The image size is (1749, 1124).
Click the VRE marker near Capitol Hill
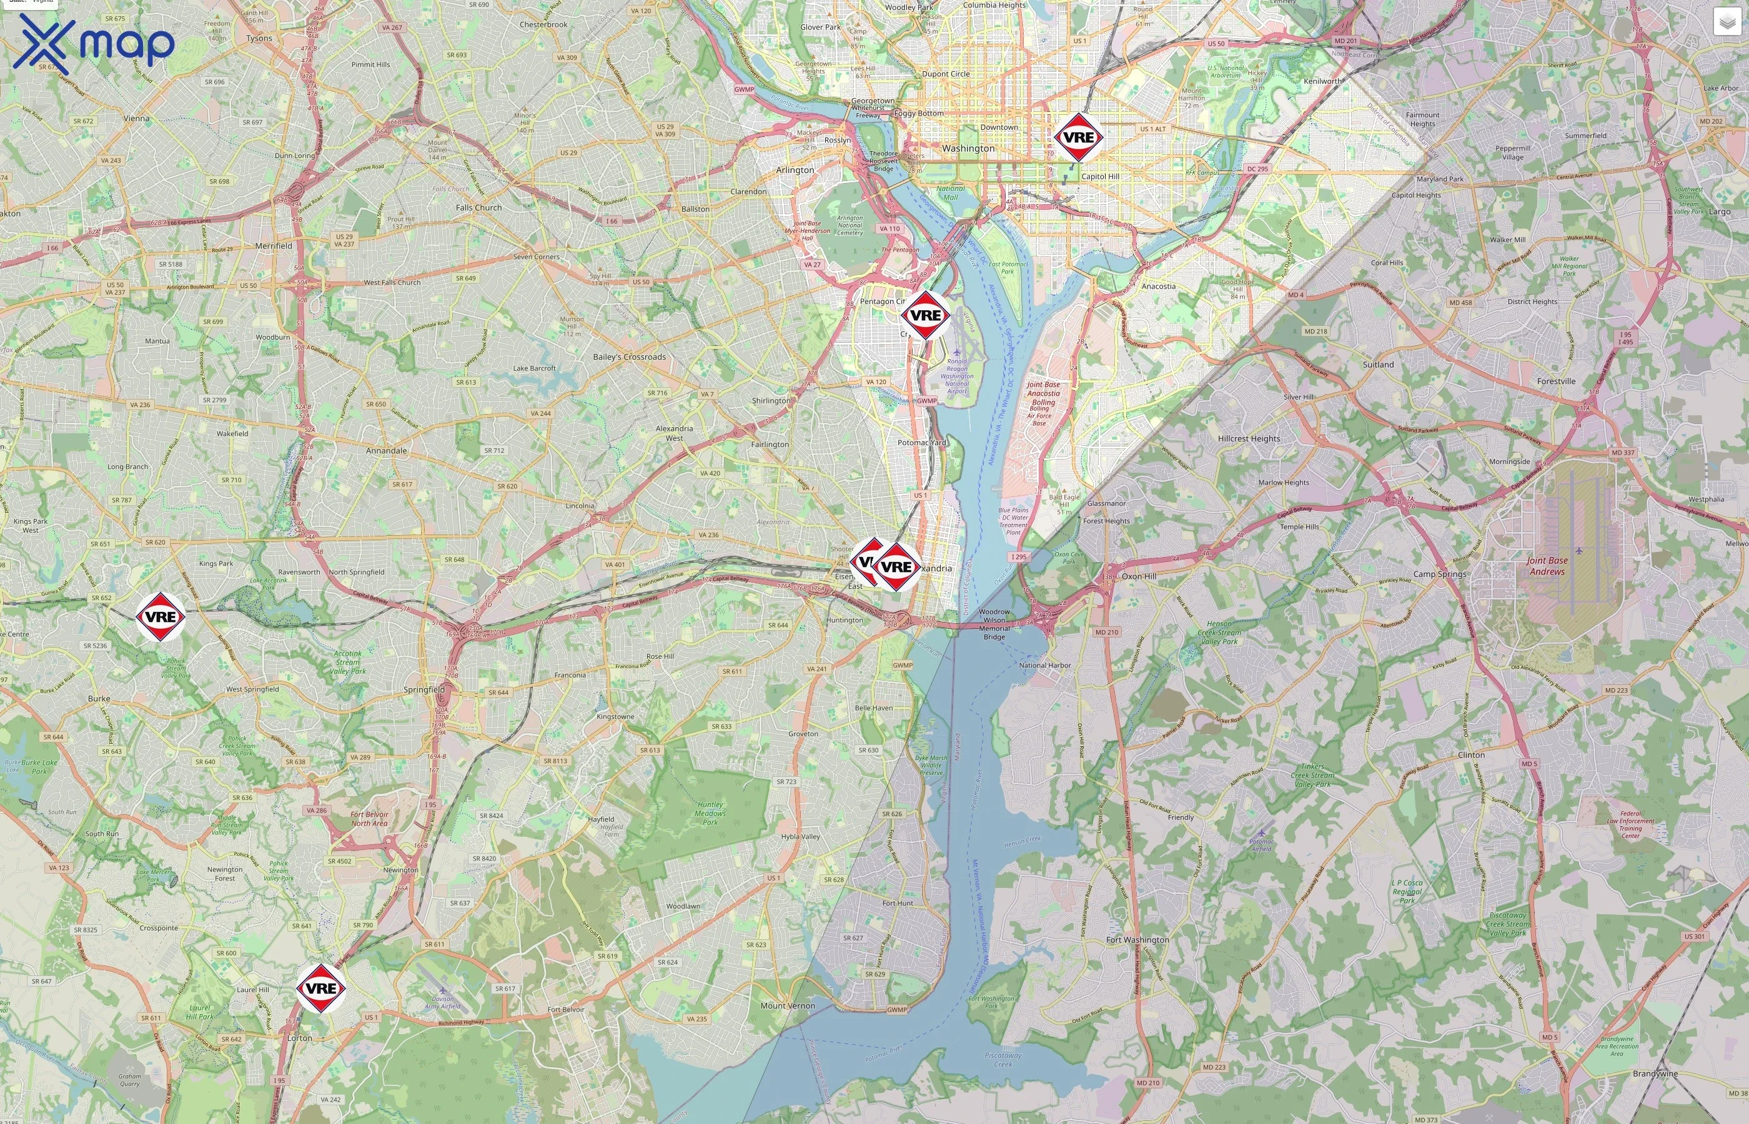click(1078, 137)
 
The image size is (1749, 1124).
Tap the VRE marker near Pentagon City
click(925, 315)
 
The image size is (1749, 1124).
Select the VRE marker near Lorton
click(320, 988)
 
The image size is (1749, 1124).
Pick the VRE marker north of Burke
click(161, 617)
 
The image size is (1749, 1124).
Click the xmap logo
click(94, 44)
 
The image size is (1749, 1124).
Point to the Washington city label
click(968, 149)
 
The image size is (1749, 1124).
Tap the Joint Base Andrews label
click(1547, 566)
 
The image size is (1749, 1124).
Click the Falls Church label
click(479, 207)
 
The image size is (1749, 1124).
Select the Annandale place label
click(386, 450)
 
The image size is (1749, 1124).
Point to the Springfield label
click(424, 689)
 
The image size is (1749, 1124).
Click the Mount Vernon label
click(788, 1005)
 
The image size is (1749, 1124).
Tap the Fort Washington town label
click(1137, 939)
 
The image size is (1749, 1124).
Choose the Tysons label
click(259, 38)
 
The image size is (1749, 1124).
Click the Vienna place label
click(137, 118)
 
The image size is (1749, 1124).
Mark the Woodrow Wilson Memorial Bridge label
click(994, 624)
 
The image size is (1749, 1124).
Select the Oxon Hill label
click(1139, 576)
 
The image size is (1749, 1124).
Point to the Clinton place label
click(1471, 755)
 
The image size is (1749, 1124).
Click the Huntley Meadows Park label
click(710, 813)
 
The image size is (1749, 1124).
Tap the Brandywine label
click(1655, 1073)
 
